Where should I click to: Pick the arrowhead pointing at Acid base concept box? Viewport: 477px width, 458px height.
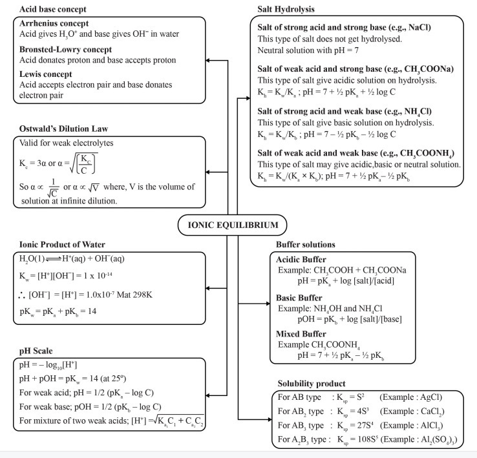coord(226,61)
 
